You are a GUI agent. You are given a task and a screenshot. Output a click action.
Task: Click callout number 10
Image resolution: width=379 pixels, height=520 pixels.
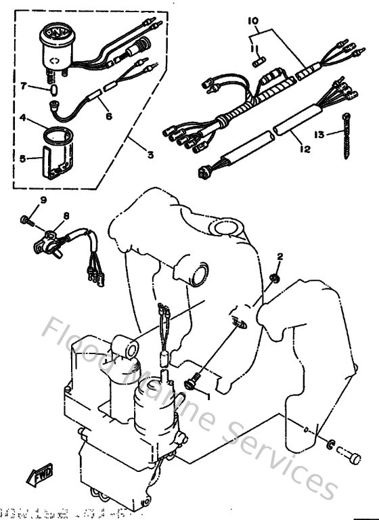[253, 22]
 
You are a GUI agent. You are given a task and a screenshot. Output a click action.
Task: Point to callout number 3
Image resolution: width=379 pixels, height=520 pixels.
[150, 154]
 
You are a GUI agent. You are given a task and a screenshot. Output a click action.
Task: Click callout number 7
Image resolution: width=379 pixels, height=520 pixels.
[24, 86]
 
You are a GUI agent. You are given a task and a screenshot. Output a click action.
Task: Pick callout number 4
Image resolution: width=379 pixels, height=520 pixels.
[24, 117]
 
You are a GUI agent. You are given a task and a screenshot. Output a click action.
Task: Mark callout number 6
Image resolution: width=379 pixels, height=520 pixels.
[108, 115]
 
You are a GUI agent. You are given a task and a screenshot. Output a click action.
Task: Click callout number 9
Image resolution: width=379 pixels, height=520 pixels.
[43, 200]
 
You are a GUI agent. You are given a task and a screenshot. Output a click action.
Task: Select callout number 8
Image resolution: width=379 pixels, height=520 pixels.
[66, 216]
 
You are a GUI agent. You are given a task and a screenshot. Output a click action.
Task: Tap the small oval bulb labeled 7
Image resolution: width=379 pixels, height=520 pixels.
[53, 87]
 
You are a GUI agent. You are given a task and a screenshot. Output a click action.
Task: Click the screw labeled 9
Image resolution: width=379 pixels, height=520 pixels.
[26, 219]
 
